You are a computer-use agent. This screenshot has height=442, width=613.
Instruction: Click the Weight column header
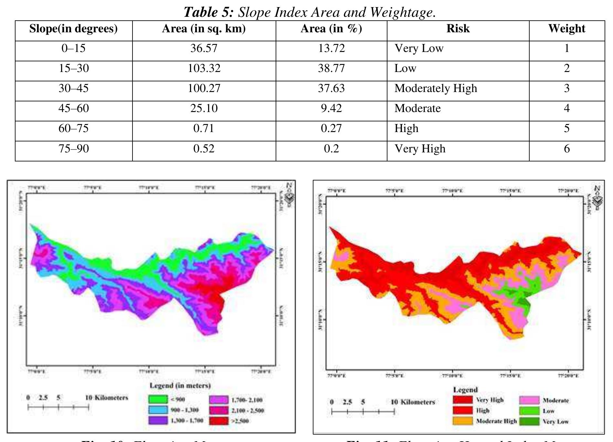click(566, 29)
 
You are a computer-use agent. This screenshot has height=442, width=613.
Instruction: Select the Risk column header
click(458, 29)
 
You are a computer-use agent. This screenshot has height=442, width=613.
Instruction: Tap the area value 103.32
click(204, 68)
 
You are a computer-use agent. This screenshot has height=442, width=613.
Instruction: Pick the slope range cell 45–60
click(74, 108)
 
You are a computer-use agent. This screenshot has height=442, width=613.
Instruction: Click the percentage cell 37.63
click(331, 88)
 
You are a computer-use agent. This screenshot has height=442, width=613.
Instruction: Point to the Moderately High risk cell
click(436, 88)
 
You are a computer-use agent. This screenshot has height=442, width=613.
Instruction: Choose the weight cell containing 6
click(566, 149)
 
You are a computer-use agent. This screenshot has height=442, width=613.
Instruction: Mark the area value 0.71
click(204, 128)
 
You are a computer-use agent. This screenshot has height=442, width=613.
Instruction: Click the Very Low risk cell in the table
click(419, 48)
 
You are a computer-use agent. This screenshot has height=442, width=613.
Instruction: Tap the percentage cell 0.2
click(331, 149)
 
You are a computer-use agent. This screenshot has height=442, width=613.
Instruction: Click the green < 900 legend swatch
click(158, 399)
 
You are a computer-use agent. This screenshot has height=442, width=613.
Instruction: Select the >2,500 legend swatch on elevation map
click(218, 421)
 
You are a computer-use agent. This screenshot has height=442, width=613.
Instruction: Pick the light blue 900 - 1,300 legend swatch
click(158, 410)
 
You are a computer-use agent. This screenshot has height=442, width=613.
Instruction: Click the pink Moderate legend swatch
click(529, 400)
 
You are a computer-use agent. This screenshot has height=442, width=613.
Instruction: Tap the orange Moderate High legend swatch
click(462, 421)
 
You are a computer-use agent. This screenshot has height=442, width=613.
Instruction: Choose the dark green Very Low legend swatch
click(529, 421)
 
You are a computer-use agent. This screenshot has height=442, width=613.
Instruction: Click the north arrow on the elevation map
click(290, 195)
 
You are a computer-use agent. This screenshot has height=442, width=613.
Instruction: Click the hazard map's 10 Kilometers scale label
click(413, 402)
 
